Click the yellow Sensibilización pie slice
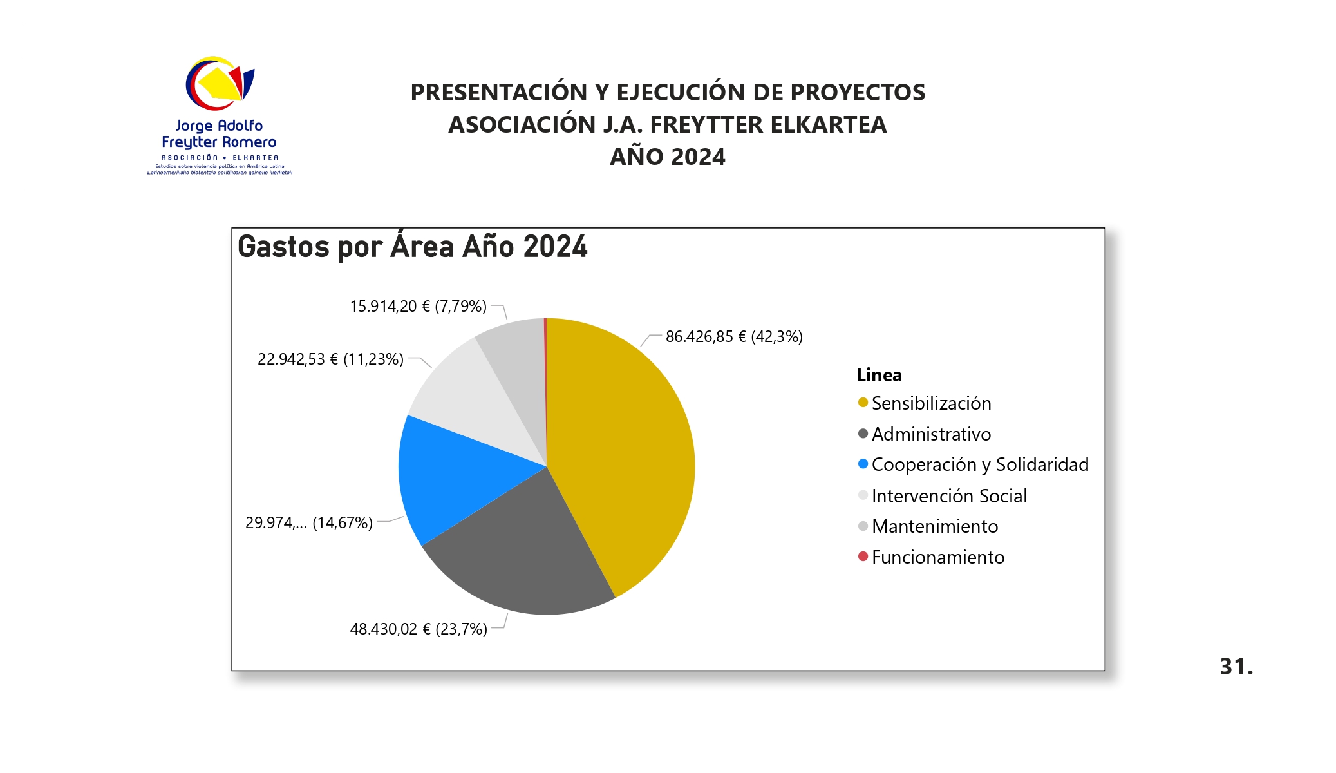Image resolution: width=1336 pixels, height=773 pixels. coord(625,444)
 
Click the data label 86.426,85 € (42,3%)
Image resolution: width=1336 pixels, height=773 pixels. coord(734,337)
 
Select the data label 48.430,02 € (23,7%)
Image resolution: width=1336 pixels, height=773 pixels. coord(419,629)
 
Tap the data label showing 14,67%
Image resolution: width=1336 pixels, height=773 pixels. coord(309,522)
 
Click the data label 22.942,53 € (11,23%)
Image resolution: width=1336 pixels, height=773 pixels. coord(330,359)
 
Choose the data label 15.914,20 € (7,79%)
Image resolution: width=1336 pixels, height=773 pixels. coord(418,307)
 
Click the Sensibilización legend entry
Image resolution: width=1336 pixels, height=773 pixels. coord(931,403)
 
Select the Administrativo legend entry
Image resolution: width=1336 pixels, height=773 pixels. coord(931,434)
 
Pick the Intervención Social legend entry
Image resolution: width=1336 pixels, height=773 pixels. coord(949,496)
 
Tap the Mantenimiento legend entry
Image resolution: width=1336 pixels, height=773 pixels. coord(935,526)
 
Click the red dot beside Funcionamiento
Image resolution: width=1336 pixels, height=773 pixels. coord(863,557)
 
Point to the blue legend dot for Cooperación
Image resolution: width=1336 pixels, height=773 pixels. coord(863,464)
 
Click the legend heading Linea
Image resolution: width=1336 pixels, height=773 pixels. coord(879,375)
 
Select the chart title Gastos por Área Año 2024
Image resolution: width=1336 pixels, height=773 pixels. coord(413,247)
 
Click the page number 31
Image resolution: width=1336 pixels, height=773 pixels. coord(1236,667)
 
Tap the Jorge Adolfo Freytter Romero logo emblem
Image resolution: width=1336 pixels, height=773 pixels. coord(220,84)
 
